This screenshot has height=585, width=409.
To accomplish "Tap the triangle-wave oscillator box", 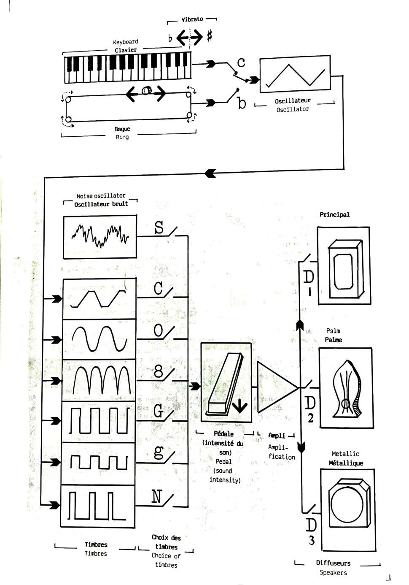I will point(295,74).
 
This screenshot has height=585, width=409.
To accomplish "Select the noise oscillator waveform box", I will point(100,236).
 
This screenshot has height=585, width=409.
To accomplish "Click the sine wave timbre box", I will point(99,339).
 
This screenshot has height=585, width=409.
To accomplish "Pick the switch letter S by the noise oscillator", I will point(159,228).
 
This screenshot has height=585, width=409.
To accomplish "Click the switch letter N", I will point(156,497).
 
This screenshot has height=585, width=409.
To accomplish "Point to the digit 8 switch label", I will point(159,371).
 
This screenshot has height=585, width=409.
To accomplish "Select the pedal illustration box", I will point(226,382).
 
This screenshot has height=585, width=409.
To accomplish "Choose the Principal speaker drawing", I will point(344,265).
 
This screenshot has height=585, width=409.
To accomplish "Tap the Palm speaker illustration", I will point(346,388).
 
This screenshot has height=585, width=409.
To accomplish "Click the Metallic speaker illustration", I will point(347,509).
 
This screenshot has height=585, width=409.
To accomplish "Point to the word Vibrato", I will point(192,19).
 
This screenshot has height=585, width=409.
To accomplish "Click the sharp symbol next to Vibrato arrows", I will point(210,37).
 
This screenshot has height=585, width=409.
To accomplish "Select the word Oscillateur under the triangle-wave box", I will point(293,101).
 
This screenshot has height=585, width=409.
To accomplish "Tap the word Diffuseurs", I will point(333,563).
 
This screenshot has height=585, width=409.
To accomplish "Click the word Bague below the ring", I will point(122,129).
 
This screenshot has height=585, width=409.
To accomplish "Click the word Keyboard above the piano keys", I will point(126,42).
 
